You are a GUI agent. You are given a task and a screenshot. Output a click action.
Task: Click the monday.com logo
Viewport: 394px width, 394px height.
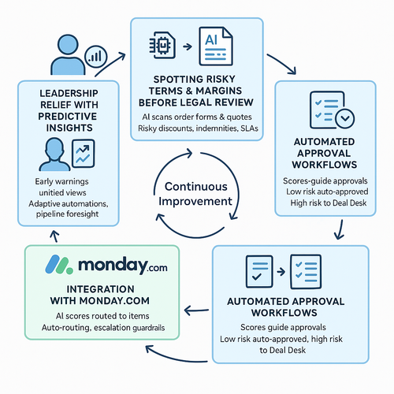106,265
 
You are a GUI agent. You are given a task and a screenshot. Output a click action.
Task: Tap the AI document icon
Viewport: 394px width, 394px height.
216,46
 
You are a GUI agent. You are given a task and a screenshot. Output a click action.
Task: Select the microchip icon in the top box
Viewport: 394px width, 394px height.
162,45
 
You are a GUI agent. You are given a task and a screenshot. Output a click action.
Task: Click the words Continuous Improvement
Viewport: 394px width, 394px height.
195,194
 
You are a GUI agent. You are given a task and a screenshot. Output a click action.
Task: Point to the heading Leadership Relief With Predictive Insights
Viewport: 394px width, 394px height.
69,110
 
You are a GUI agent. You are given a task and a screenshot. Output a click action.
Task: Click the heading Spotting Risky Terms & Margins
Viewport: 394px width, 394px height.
195,91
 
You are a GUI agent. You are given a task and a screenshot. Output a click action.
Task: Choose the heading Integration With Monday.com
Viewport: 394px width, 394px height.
100,295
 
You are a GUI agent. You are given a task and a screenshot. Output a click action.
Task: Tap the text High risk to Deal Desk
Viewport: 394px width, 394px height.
329,203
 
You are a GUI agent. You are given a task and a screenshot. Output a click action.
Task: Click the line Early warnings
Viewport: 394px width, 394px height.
61,181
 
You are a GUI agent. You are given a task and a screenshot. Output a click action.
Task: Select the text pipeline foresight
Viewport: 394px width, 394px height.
67,214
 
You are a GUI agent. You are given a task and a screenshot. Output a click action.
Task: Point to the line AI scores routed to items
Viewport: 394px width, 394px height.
102,316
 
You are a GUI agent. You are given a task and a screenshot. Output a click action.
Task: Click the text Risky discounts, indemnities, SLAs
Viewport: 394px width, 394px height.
198,128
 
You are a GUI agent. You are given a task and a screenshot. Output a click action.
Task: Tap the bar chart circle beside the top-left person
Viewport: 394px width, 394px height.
95,57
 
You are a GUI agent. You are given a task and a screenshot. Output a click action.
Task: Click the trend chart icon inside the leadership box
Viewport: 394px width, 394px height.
84,154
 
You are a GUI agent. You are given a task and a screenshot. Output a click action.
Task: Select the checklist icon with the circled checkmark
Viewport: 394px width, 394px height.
332,110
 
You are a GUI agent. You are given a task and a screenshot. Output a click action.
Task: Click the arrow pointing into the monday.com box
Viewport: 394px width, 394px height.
197,310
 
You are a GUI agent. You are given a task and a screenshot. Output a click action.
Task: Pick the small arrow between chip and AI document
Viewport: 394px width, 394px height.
188,46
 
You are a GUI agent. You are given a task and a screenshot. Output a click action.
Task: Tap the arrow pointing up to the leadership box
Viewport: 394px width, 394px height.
55,236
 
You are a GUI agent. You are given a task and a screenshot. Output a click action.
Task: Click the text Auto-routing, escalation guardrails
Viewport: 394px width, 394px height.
103,328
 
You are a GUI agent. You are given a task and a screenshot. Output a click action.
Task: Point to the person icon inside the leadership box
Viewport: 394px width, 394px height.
54,154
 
